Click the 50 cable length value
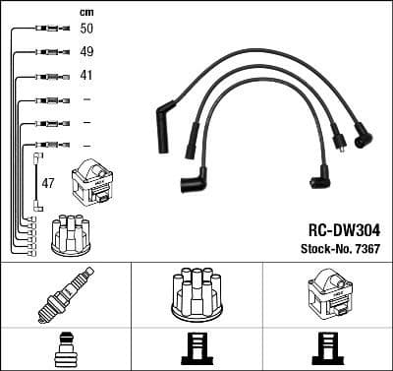coord(87,30)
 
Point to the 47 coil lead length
coord(47,184)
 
